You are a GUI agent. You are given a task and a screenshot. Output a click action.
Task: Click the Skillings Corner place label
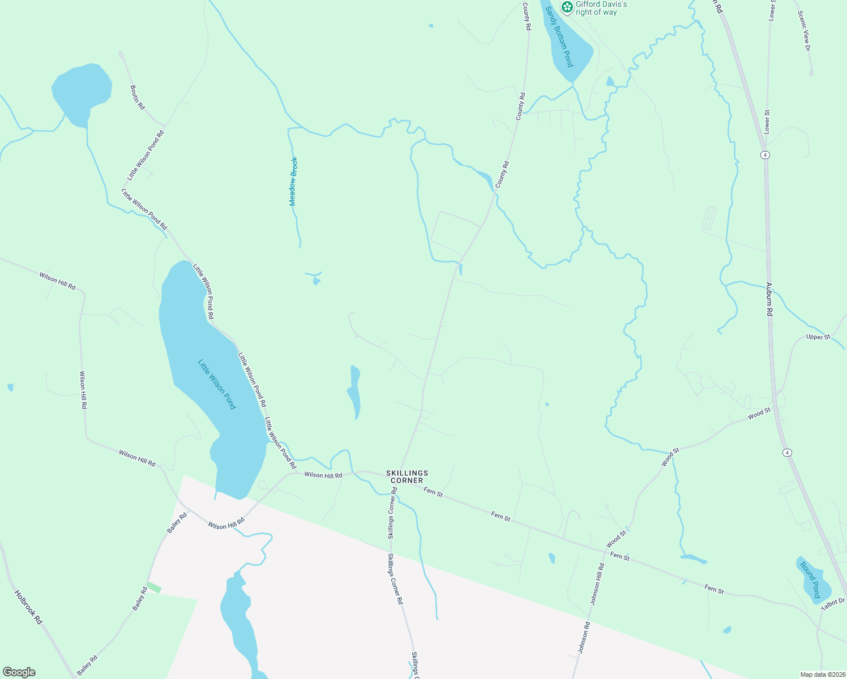coord(407,476)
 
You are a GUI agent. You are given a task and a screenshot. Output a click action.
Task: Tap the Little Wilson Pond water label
coord(217,385)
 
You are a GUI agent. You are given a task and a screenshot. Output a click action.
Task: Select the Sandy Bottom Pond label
coord(560,37)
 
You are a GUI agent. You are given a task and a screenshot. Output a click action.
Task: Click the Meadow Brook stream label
coord(293,181)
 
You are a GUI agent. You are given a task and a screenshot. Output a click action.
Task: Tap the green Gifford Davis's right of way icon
coord(566,6)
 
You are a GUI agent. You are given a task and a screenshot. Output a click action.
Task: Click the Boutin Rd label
coord(138,97)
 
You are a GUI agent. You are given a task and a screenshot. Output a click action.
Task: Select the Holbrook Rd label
coord(28,607)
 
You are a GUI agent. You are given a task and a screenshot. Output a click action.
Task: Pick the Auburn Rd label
coord(769,302)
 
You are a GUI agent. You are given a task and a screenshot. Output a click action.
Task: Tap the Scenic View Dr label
coord(804,31)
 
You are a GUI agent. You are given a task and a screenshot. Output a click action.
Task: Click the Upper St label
coord(818,337)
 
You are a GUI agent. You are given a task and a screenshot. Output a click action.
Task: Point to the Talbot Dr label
coord(833,604)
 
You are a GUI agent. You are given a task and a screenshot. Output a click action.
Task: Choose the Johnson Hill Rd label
coord(597,584)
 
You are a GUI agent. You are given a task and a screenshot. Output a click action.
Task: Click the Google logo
coord(19,672)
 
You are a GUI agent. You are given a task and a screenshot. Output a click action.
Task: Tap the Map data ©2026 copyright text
coord(822,674)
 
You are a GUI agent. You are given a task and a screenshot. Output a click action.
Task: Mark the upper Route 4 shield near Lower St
coord(765,154)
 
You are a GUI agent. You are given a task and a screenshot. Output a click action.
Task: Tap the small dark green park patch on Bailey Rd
coord(154,588)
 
